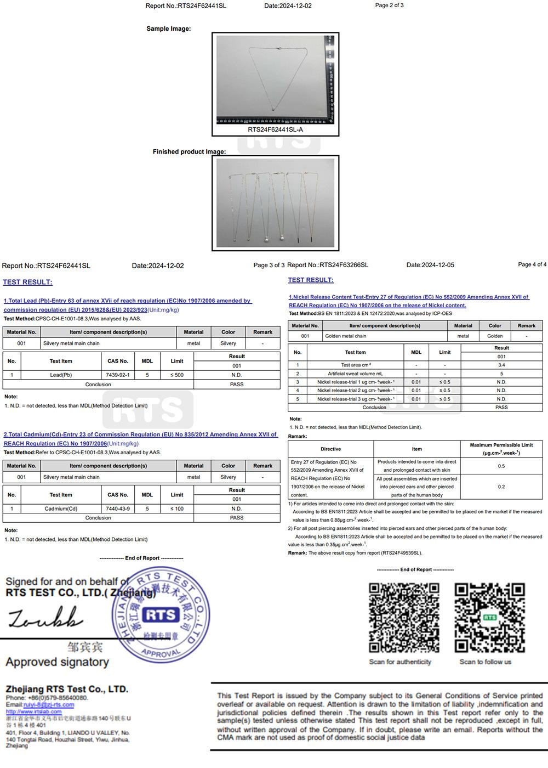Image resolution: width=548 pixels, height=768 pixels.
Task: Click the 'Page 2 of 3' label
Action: pyautogui.click(x=389, y=5)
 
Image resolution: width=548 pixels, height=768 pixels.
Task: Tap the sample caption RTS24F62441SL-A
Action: pyautogui.click(x=275, y=130)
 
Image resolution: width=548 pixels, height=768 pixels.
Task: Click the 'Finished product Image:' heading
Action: pyautogui.click(x=189, y=152)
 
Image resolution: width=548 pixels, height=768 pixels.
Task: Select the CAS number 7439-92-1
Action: pyautogui.click(x=117, y=375)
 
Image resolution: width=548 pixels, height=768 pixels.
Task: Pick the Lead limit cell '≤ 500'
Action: pyautogui.click(x=177, y=375)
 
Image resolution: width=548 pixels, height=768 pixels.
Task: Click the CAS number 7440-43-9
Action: pyautogui.click(x=118, y=509)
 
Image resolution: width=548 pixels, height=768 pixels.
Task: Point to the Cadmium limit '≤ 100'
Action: pyautogui.click(x=177, y=509)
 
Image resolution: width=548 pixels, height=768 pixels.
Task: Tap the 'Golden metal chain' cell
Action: pyautogui.click(x=346, y=336)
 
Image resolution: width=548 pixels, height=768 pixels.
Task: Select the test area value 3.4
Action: pyautogui.click(x=501, y=365)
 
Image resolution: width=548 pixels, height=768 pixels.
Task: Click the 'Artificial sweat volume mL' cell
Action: pyautogui.click(x=355, y=374)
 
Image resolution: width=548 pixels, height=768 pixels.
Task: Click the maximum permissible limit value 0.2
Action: pyautogui.click(x=501, y=487)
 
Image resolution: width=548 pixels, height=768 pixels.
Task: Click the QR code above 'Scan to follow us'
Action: pyautogui.click(x=489, y=618)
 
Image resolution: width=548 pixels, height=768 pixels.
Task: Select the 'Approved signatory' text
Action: pyautogui.click(x=57, y=662)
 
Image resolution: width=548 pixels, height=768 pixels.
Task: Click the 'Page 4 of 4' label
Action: pyautogui.click(x=532, y=264)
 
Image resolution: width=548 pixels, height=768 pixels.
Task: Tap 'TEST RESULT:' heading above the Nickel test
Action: pyautogui.click(x=311, y=280)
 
